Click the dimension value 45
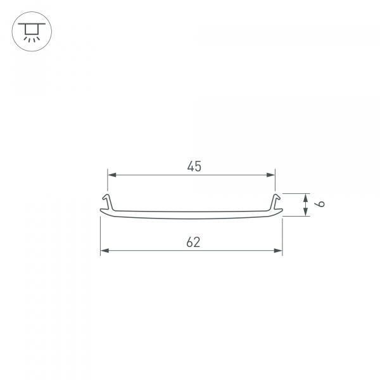click(194, 167)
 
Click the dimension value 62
click(194, 241)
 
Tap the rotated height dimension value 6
click(321, 205)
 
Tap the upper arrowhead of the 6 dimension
click(306, 197)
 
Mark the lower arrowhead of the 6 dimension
click(306, 212)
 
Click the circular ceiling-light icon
click(30, 30)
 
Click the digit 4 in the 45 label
click(190, 167)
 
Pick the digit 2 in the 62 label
click(198, 241)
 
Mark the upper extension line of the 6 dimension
click(295, 193)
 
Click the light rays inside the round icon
click(30, 37)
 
